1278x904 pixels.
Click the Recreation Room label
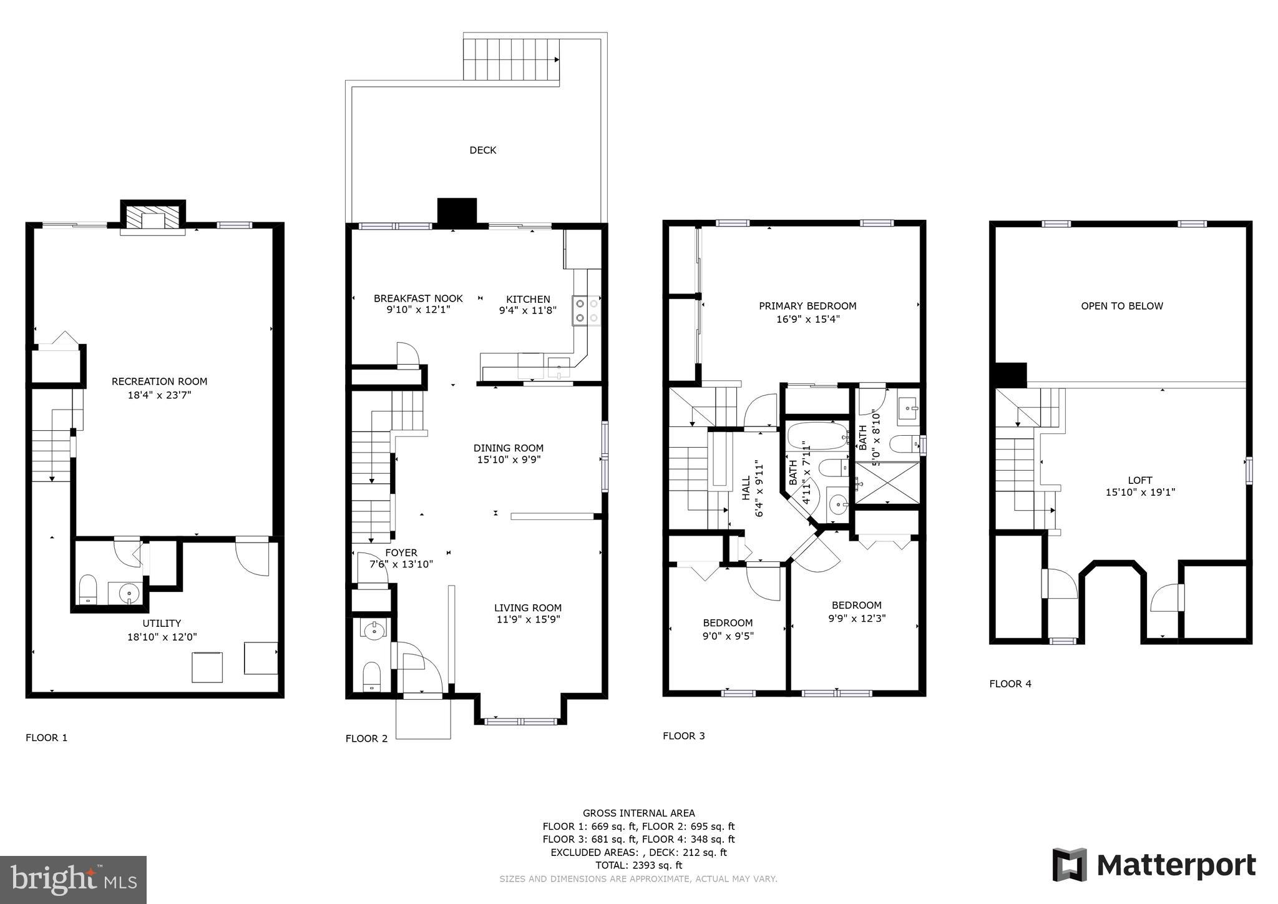click(159, 381)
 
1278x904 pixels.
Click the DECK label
click(482, 150)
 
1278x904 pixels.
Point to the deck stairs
click(510, 59)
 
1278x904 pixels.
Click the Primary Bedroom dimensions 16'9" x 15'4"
click(807, 319)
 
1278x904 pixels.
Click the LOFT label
click(1139, 480)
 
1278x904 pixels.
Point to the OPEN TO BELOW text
click(1121, 306)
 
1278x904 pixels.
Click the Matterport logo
click(1154, 865)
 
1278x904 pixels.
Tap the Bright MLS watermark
click(74, 880)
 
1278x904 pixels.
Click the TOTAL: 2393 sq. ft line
click(638, 865)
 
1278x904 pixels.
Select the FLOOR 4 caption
click(1010, 684)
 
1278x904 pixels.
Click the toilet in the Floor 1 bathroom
click(88, 589)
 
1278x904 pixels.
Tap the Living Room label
click(527, 607)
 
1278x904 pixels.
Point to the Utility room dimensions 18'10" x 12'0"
click(162, 636)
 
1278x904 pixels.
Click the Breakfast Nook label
click(418, 298)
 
